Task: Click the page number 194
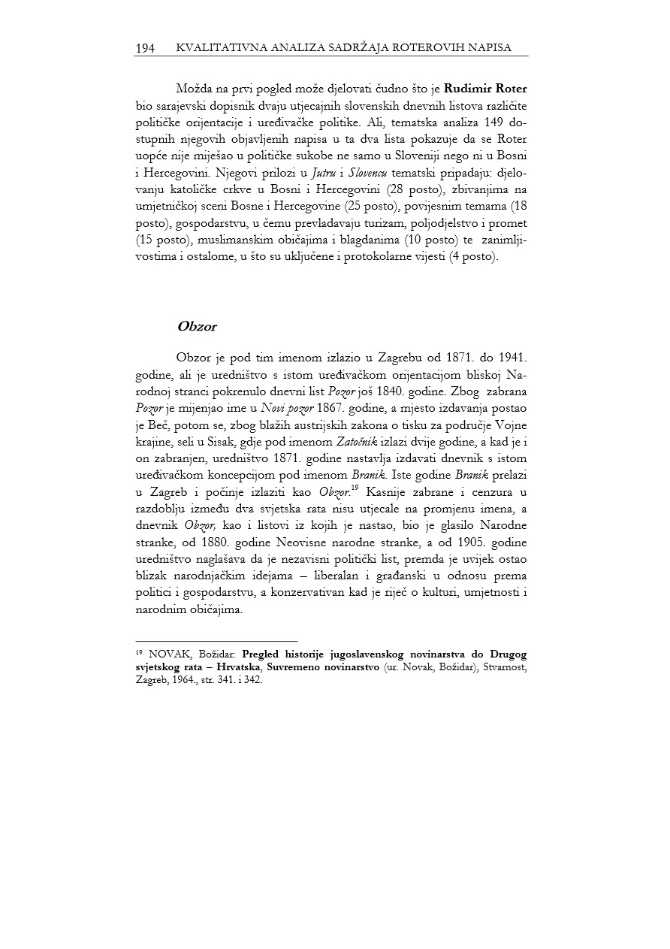(x=145, y=48)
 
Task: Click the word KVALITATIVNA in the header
(x=210, y=48)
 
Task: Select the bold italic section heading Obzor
(x=197, y=327)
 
